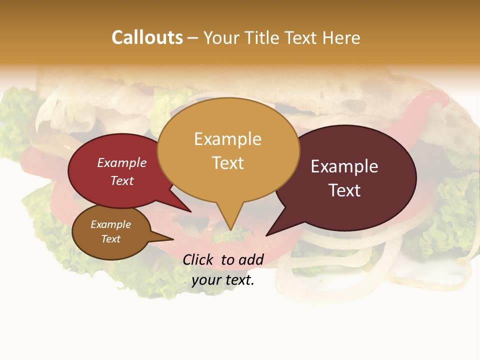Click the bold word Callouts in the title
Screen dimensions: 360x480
click(x=147, y=37)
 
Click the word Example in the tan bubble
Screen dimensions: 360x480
click(x=227, y=139)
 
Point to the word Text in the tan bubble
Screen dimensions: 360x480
click(x=227, y=163)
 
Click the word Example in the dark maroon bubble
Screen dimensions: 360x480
click(x=344, y=166)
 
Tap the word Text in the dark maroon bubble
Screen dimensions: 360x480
click(x=344, y=190)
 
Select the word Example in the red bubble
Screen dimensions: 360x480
click(x=121, y=162)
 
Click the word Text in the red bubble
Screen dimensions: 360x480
click(x=121, y=180)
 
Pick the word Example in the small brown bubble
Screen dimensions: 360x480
click(x=110, y=224)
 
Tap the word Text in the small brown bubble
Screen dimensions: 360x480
click(x=110, y=239)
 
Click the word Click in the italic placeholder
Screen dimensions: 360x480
click(x=199, y=259)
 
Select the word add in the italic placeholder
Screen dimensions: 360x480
click(x=251, y=259)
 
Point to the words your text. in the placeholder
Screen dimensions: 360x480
click(x=223, y=280)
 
